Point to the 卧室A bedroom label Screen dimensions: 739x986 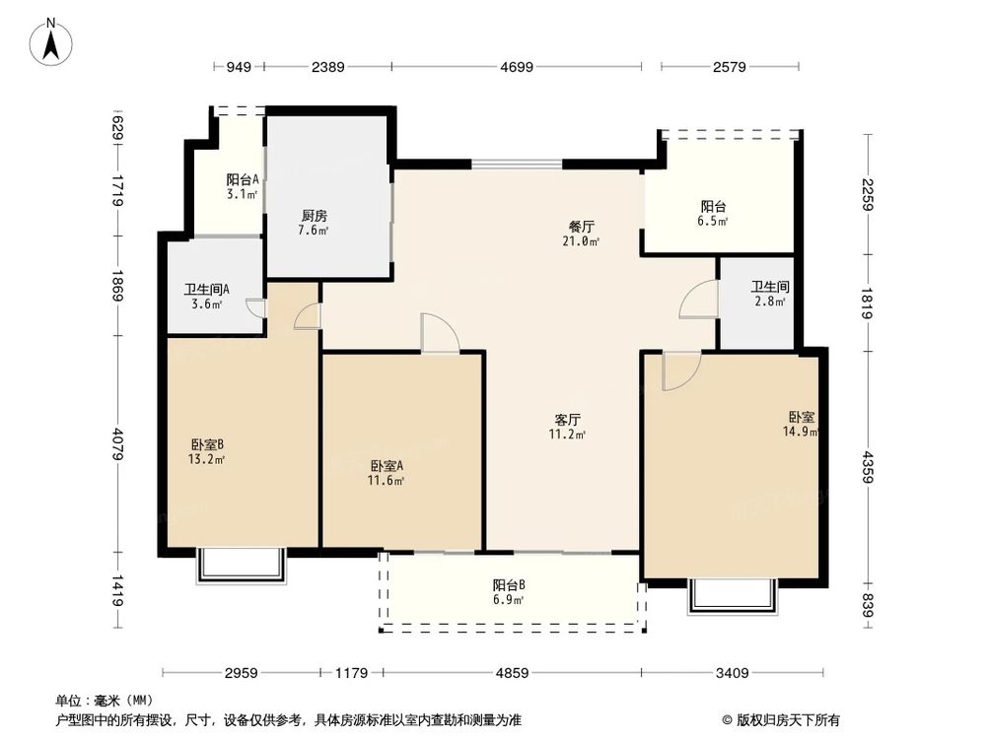pos(387,465)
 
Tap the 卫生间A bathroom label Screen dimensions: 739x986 pos(207,290)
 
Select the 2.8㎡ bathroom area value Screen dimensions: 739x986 pos(770,302)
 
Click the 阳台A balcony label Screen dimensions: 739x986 pos(243,179)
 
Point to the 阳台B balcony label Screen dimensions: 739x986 pos(509,583)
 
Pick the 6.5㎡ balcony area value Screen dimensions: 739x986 pos(715,222)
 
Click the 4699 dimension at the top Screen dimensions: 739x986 pos(516,67)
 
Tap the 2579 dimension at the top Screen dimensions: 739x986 pos(729,67)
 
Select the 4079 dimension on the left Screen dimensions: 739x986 pos(117,442)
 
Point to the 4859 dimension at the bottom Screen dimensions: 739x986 pos(512,673)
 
